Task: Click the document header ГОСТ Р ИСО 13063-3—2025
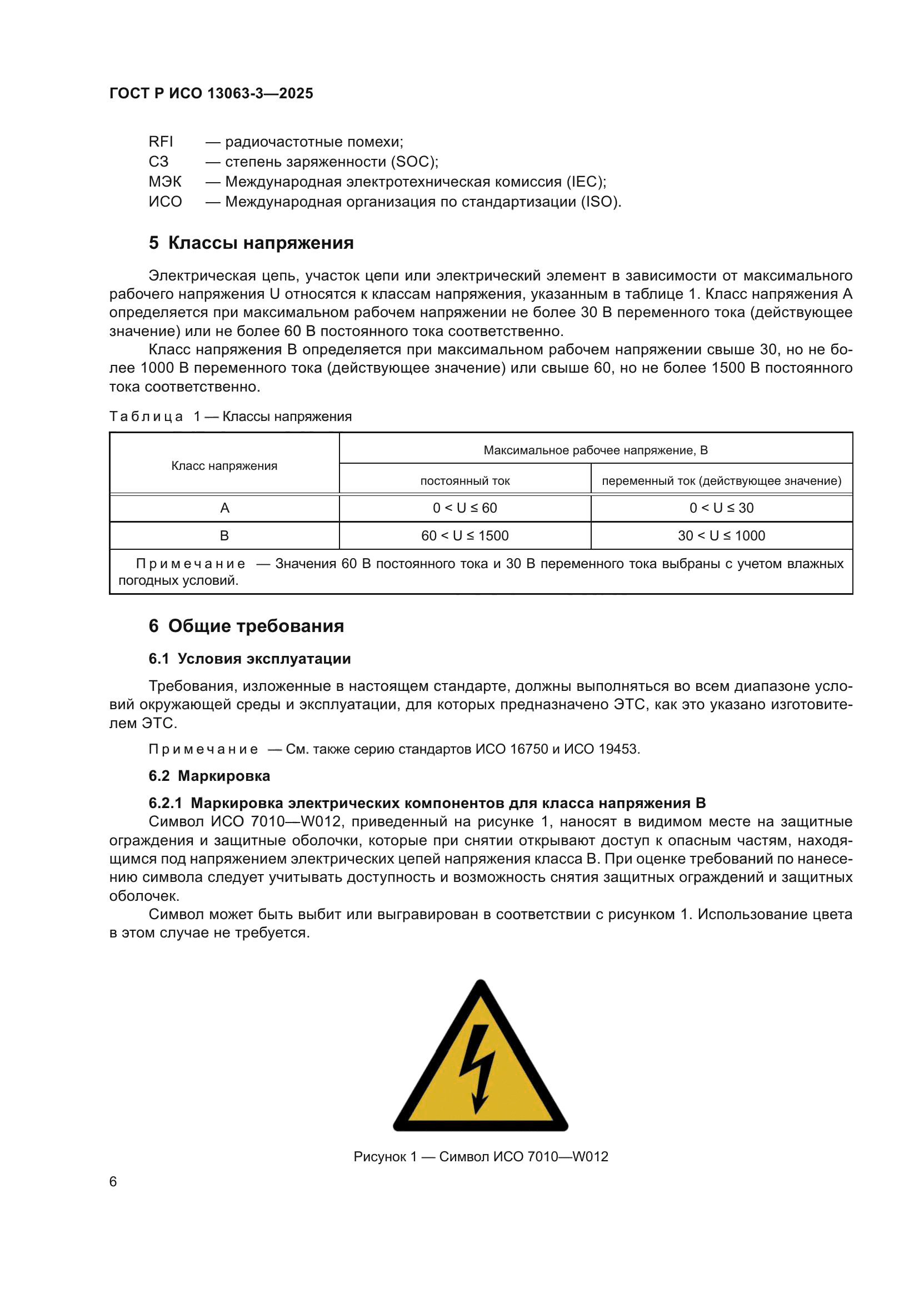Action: pyautogui.click(x=211, y=93)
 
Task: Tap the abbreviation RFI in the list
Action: pyautogui.click(x=161, y=142)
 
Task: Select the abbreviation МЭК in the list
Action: pyautogui.click(x=164, y=182)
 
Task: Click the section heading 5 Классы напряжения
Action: pyautogui.click(x=251, y=243)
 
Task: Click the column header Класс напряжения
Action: pyautogui.click(x=224, y=465)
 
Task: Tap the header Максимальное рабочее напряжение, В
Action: pyautogui.click(x=595, y=450)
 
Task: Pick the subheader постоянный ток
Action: pyautogui.click(x=465, y=481)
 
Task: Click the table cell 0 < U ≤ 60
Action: pyautogui.click(x=465, y=508)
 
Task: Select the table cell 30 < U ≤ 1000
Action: pyautogui.click(x=721, y=536)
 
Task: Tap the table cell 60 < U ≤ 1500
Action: pyautogui.click(x=465, y=536)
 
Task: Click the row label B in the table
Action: pyautogui.click(x=224, y=536)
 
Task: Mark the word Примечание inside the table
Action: pyautogui.click(x=191, y=564)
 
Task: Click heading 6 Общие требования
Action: pyautogui.click(x=246, y=626)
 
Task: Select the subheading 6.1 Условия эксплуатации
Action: pyautogui.click(x=249, y=659)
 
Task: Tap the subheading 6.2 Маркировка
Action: pyautogui.click(x=209, y=776)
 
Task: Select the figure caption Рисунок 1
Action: pyautogui.click(x=385, y=1156)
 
